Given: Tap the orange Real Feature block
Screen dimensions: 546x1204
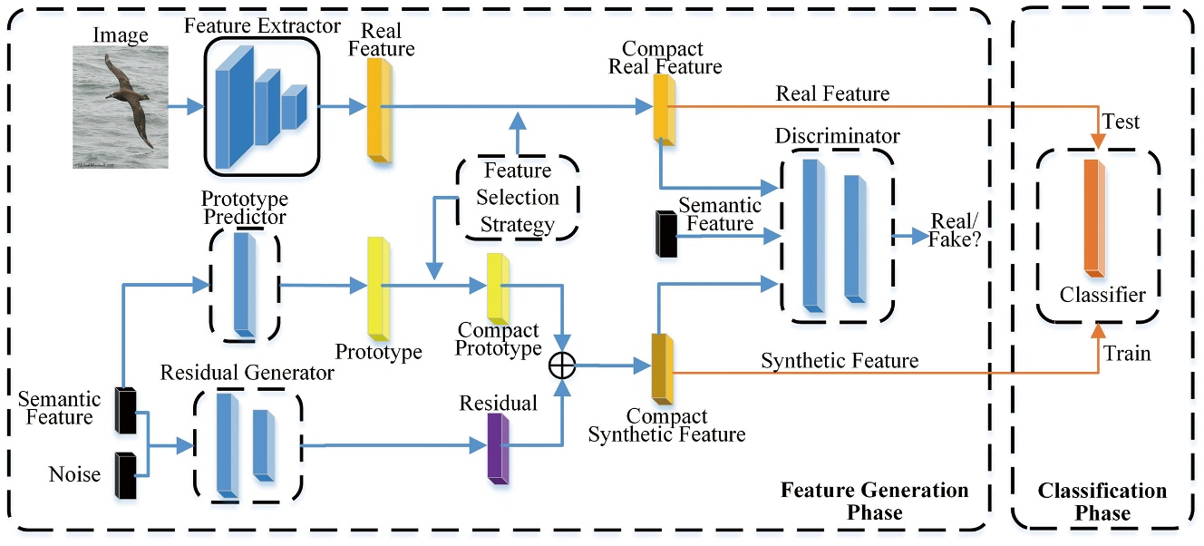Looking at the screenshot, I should (x=379, y=110).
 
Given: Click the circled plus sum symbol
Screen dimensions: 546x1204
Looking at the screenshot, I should (x=563, y=365).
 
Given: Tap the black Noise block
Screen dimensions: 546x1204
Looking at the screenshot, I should (x=125, y=473).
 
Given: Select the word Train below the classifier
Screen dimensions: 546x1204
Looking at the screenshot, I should (x=1127, y=353).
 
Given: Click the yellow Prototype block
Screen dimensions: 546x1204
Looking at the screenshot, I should (x=379, y=288).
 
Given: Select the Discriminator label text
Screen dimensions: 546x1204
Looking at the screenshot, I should (x=838, y=136).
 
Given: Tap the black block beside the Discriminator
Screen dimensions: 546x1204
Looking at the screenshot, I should (x=665, y=232).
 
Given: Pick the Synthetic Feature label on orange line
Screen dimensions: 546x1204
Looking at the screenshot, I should (x=839, y=361).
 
